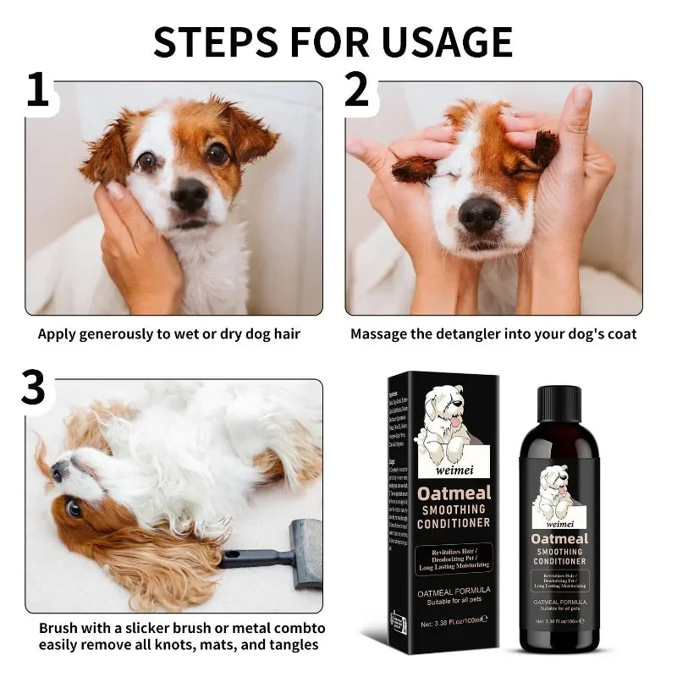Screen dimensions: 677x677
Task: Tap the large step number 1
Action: tap(37, 91)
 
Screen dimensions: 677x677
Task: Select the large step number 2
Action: tap(357, 91)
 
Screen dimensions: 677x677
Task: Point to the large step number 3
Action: tap(33, 388)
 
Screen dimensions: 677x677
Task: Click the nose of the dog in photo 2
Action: tap(478, 217)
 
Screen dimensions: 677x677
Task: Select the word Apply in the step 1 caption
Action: tap(58, 333)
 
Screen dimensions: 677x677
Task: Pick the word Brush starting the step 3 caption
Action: tap(59, 628)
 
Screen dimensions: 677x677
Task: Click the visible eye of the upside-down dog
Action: tap(74, 509)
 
